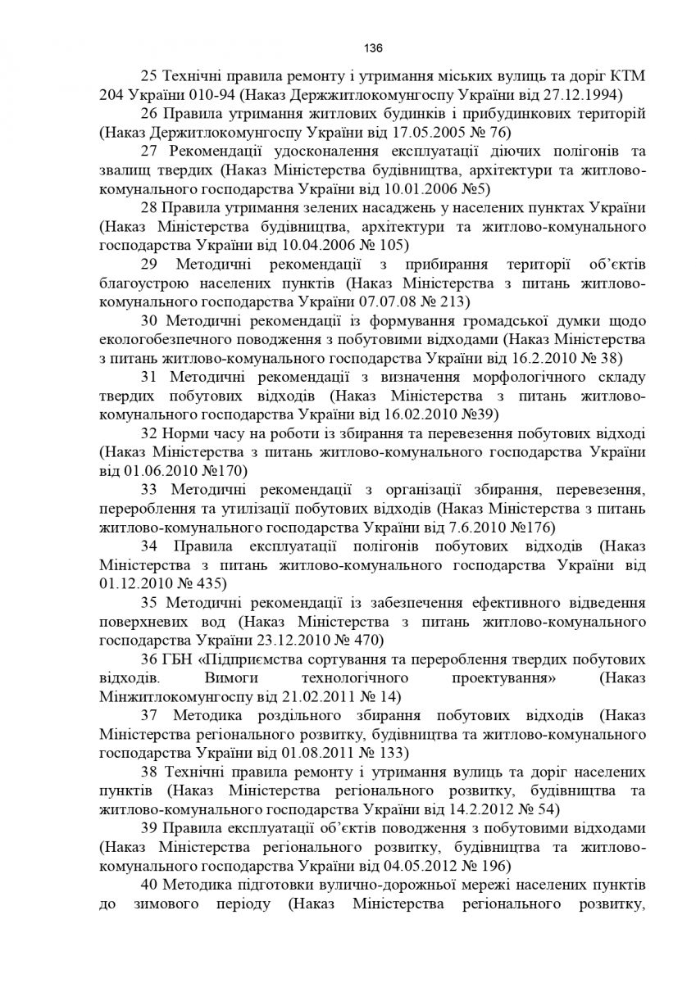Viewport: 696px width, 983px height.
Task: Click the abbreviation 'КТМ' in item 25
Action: [x=627, y=75]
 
